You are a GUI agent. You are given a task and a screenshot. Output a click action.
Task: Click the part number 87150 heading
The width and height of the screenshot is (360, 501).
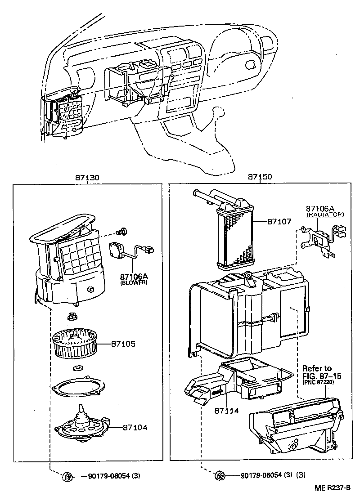[x=260, y=178]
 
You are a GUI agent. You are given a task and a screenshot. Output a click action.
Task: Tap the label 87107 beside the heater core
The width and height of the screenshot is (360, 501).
[x=279, y=222]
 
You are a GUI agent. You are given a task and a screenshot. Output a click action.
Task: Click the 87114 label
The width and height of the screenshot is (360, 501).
[x=226, y=411]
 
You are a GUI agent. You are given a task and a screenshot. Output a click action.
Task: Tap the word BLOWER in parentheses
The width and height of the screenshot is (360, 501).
[x=134, y=283]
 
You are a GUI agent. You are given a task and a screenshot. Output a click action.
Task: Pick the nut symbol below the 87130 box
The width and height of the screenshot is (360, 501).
[x=67, y=476]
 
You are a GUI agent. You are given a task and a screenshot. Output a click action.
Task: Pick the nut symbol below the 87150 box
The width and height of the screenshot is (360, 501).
[x=220, y=475]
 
